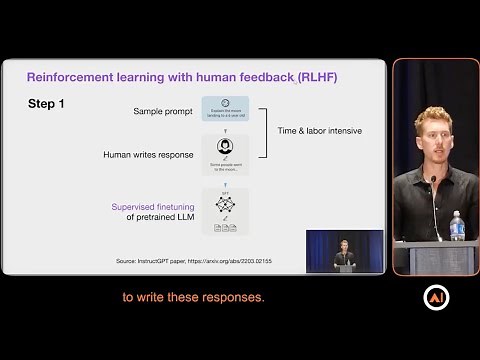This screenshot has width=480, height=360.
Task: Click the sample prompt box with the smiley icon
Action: pyautogui.click(x=224, y=109)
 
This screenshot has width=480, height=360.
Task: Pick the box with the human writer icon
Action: pyautogui.click(x=224, y=155)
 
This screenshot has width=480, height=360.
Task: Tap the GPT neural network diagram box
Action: pyautogui.click(x=224, y=211)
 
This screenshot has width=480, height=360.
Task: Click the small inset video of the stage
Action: pyautogui.click(x=344, y=251)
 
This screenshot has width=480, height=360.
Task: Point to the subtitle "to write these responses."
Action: pyautogui.click(x=193, y=297)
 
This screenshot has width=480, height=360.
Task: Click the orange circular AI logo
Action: pyautogui.click(x=436, y=298)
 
